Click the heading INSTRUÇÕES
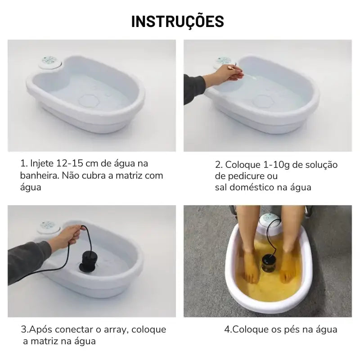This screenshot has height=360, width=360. (x=178, y=21)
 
